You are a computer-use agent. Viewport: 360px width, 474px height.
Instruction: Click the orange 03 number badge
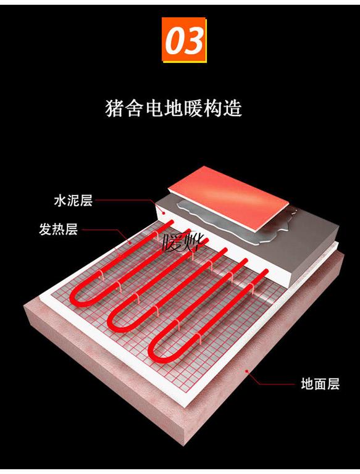pyautogui.click(x=184, y=40)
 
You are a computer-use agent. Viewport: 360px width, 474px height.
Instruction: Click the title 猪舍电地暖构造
pyautogui.click(x=174, y=108)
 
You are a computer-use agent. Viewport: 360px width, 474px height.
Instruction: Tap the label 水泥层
pyautogui.click(x=73, y=201)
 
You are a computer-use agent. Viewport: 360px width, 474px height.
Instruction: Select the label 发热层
pyautogui.click(x=59, y=229)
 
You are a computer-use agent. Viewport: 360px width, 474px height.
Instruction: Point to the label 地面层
pyautogui.click(x=320, y=384)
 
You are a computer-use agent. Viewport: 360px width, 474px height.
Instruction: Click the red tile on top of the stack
pyautogui.click(x=228, y=198)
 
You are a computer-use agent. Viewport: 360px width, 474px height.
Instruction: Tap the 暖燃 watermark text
pyautogui.click(x=183, y=243)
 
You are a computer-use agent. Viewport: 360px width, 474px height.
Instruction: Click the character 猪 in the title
pyautogui.click(x=114, y=108)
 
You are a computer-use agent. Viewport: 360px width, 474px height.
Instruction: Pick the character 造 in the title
pyautogui.click(x=233, y=108)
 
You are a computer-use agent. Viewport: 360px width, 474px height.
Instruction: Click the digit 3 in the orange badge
pyautogui.click(x=194, y=40)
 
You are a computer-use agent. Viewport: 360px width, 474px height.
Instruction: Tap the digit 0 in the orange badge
pyautogui.click(x=175, y=40)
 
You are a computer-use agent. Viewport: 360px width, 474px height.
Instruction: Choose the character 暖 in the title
pyautogui.click(x=194, y=108)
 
